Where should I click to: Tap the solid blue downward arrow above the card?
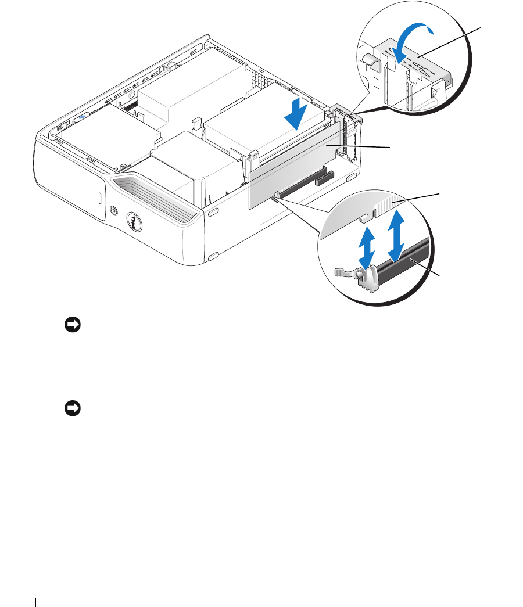[296, 114]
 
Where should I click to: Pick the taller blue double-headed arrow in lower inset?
[397, 235]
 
